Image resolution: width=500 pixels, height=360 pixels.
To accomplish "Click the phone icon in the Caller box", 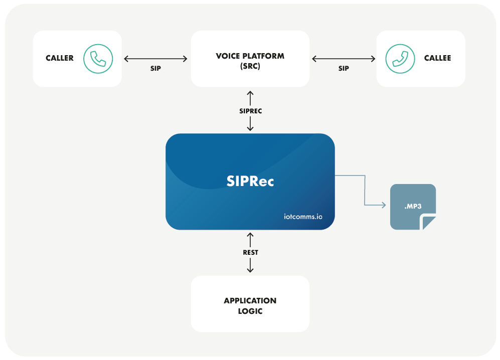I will pos(98,58).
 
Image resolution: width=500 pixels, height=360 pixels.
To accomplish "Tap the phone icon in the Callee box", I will pos(400,58).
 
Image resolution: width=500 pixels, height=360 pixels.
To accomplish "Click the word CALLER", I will pos(60,58).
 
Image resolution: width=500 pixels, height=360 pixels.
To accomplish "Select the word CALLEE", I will pos(437,58).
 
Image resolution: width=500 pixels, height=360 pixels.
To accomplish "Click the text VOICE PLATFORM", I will pos(250,56).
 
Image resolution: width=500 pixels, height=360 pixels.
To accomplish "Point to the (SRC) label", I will pos(250,65).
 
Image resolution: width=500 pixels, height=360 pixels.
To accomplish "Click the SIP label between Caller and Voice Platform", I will pos(155,68).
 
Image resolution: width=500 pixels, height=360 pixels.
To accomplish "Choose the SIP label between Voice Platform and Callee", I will pos(344,68).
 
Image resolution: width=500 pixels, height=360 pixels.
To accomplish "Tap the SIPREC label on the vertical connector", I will pos(250,111).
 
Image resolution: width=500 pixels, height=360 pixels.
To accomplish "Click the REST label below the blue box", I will pos(250,252).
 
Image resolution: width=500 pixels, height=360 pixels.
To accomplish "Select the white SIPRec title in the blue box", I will pos(250,181).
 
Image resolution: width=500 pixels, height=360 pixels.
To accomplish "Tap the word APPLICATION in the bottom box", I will pos(250,300).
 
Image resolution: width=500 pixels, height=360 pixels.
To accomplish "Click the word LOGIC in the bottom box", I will pos(250,311).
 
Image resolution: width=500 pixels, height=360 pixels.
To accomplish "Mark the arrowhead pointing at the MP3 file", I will pos(383,205).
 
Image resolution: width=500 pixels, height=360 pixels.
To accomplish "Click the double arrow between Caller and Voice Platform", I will pos(155,59).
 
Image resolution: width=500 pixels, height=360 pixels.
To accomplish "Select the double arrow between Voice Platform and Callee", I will pos(344,59).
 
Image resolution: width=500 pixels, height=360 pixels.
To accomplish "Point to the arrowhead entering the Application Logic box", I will pos(250,271).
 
